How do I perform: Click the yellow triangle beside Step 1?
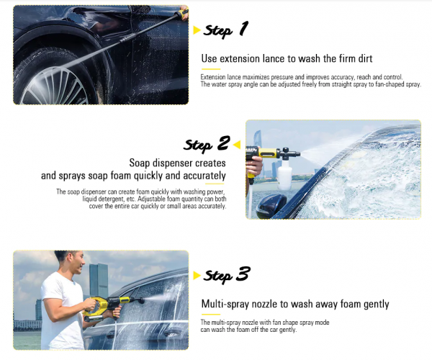point(196,30)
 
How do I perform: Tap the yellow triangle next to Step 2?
point(237,145)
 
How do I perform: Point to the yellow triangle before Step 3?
point(196,276)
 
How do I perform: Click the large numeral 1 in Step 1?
point(243,28)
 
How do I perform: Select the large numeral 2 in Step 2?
point(223,143)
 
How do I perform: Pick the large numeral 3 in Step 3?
point(243,274)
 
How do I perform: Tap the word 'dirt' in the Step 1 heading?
point(365,58)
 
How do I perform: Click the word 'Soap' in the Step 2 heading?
point(140,163)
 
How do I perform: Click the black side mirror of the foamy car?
point(271,205)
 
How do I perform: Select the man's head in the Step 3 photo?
point(71,261)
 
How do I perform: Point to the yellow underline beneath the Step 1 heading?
point(211,69)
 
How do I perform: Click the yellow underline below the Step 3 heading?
point(211,314)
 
